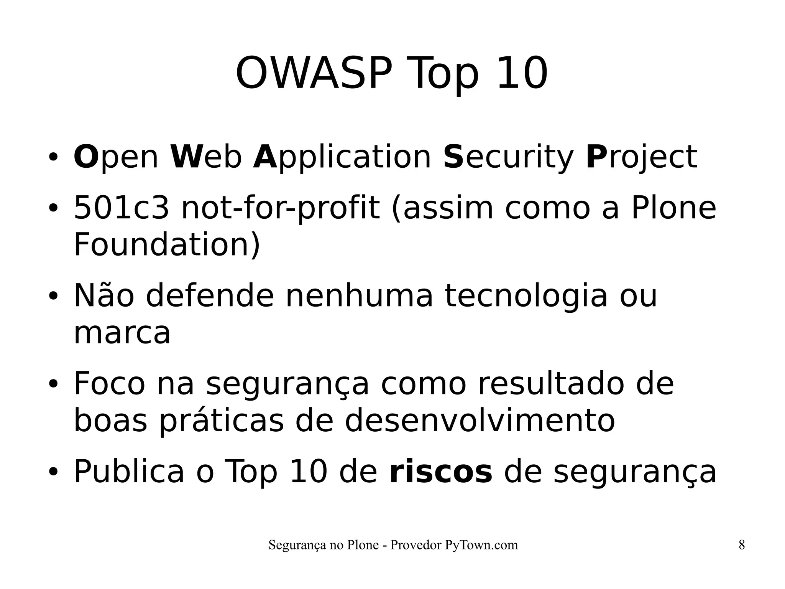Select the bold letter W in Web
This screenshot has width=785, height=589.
pos(186,157)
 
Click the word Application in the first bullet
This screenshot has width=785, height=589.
pos(342,158)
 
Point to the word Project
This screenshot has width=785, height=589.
pos(641,158)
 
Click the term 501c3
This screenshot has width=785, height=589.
pos(121,208)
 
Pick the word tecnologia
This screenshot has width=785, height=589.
pos(526,296)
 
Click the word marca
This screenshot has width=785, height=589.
pos(122,333)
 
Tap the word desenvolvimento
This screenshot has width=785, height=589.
pos(480,421)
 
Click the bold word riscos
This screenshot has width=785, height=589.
pos(440,472)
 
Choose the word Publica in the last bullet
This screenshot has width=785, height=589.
pos(129,472)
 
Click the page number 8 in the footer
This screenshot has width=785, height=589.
pos(742,545)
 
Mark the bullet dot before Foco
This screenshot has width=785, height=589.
pos(53,384)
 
